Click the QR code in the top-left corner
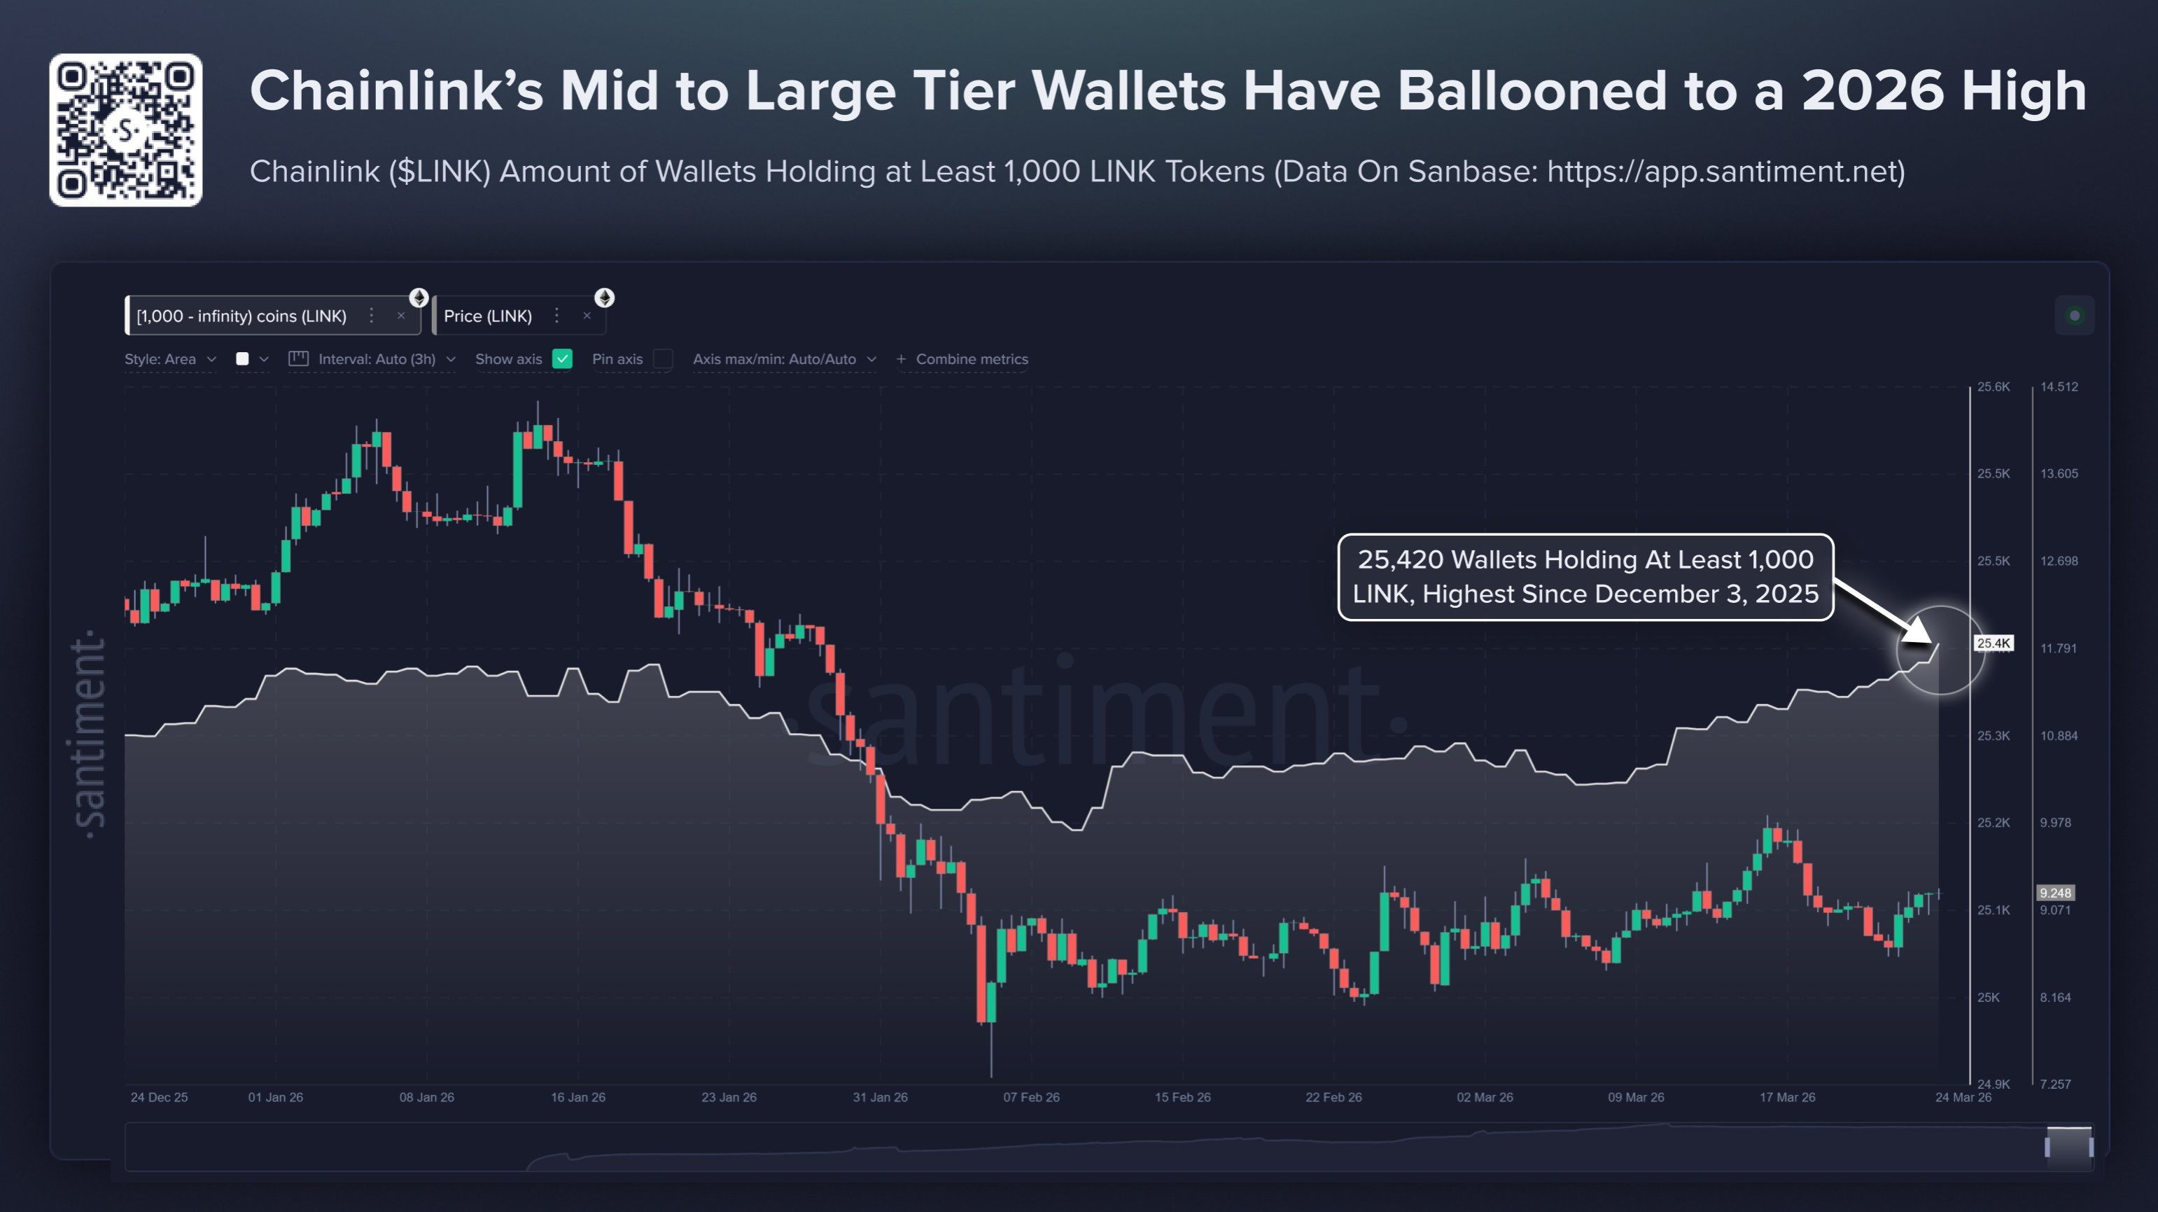126,130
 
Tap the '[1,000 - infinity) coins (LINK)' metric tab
241,316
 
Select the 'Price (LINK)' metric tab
488,316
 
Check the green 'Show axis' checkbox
563,358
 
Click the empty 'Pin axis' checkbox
663,358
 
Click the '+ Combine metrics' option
962,358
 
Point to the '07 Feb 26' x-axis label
1031,1097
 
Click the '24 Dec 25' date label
159,1097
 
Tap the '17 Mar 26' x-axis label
1787,1097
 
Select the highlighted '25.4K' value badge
1993,643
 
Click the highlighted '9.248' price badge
2055,893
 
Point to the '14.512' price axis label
2059,387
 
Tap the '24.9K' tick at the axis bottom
1993,1084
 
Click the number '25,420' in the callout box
1399,559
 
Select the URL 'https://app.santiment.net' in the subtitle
1725,172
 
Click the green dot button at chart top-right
2074,315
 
